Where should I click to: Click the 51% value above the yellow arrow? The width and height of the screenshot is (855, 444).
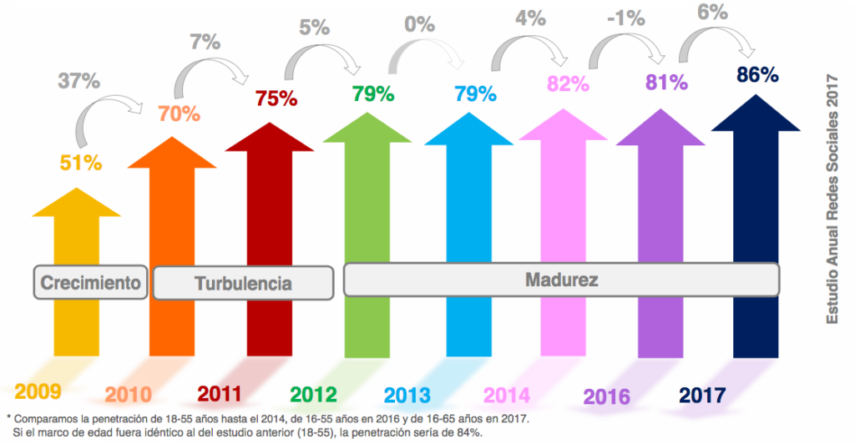pos(80,163)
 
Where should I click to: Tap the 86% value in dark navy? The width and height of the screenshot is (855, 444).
pos(757,74)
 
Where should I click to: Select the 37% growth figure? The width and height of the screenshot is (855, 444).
pos(78,81)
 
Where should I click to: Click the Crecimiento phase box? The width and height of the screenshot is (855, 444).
pos(90,282)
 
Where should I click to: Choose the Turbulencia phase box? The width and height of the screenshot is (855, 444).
pos(243,283)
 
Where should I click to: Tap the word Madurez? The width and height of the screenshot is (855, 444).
pos(561,280)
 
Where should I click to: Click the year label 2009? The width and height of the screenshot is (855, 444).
pos(38,391)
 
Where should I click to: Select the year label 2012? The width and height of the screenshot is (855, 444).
pos(313,393)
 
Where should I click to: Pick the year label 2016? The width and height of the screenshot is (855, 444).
pos(606,396)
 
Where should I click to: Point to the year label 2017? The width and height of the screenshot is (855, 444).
pos(702,394)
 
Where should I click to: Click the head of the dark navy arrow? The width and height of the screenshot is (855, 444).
pos(756,112)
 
